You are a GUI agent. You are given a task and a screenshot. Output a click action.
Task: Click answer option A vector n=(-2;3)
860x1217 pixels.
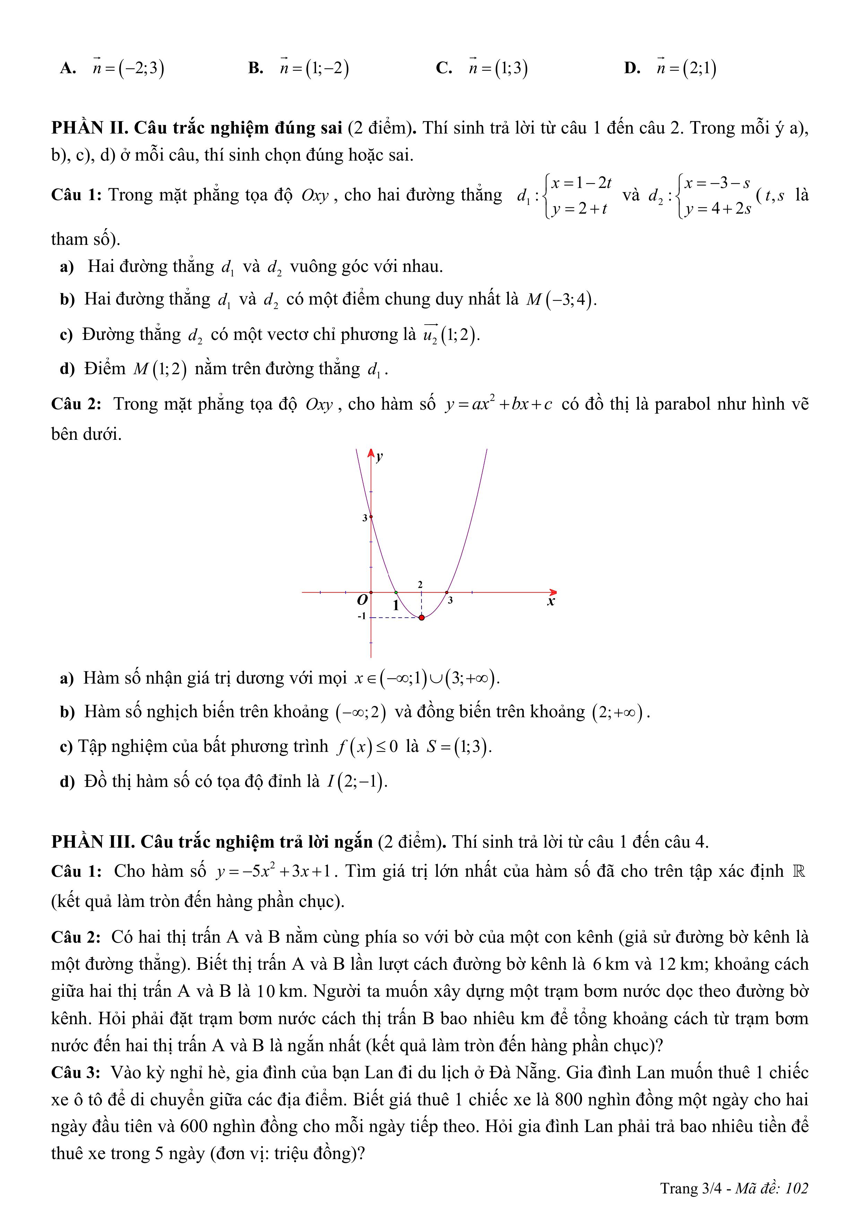128,68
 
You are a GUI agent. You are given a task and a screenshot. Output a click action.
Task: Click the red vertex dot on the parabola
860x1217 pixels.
421,617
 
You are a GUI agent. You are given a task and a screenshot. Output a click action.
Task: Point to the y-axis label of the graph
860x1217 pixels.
380,457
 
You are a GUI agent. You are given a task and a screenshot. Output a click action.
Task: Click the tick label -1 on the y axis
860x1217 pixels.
362,616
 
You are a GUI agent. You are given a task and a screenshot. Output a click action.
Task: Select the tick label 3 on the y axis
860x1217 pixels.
365,518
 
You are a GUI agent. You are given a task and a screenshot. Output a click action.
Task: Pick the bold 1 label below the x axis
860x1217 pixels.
395,605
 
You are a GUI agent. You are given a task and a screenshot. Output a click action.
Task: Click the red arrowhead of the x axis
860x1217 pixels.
553,592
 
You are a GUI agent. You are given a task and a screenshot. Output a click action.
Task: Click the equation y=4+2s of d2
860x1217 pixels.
718,209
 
